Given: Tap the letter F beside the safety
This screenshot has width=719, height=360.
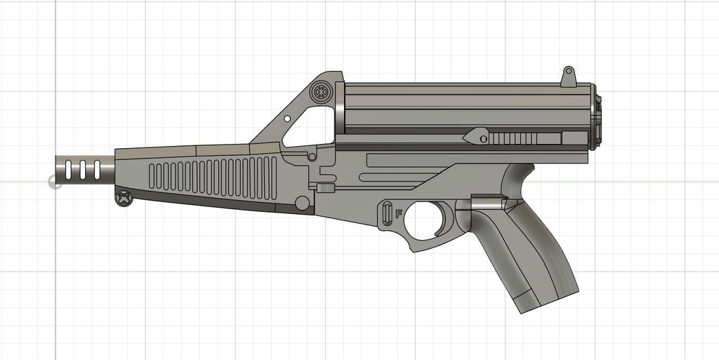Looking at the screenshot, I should [399, 215].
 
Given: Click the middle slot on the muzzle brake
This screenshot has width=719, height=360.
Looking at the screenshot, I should [82, 170].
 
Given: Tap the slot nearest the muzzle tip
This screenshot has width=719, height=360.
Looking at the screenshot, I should [68, 170].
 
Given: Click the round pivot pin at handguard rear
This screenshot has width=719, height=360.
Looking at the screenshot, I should [303, 203].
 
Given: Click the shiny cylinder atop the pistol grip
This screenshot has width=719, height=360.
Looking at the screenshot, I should [487, 204].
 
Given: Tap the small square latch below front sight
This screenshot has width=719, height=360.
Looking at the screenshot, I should [324, 187].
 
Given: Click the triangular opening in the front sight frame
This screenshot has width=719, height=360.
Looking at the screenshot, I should [309, 126].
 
